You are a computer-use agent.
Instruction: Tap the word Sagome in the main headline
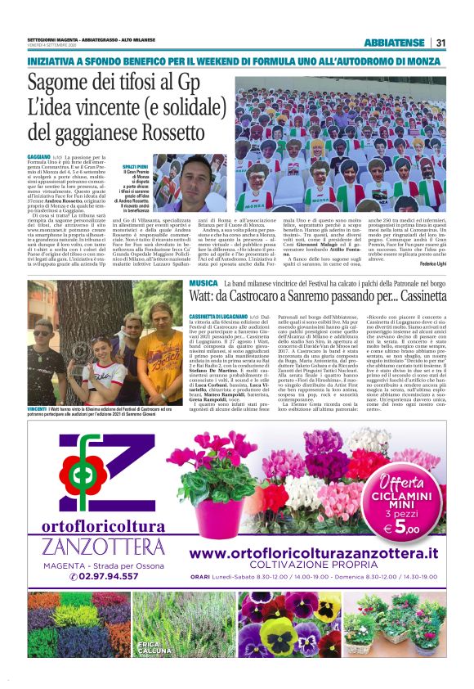coord(61,83)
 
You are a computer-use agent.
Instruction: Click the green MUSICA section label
coord(203,282)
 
